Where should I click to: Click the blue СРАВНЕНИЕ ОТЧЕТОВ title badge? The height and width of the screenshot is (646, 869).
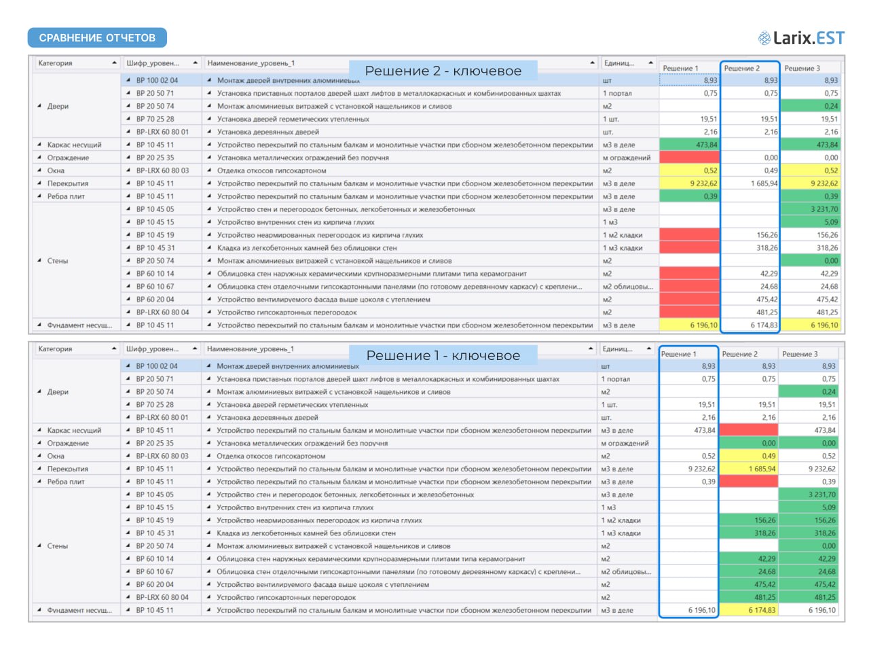coord(97,37)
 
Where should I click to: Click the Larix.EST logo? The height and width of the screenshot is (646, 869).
coord(801,38)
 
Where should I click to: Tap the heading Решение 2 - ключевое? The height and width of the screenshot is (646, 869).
coord(443,71)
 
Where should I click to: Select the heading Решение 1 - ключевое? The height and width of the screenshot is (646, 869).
coord(443,355)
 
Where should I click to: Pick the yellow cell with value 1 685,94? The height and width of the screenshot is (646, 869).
coord(748,469)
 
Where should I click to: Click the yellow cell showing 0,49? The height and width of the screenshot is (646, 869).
coord(748,456)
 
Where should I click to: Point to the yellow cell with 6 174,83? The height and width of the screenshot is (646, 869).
coord(748,610)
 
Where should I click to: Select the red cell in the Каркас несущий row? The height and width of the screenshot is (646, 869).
coord(748,430)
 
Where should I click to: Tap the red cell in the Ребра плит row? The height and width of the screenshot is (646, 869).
coord(748,482)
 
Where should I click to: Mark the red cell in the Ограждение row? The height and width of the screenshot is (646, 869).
coord(690,158)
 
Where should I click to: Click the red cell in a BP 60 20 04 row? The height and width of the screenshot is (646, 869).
coord(690,299)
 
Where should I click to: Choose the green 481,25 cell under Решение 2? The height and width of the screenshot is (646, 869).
coord(748,597)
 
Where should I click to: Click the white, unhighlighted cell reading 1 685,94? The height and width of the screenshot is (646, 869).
coord(750,183)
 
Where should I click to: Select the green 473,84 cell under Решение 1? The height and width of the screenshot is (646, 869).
coord(690,145)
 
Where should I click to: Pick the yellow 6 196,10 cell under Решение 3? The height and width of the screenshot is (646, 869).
coord(810,325)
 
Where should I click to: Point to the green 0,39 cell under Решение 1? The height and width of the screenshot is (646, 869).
coord(690,196)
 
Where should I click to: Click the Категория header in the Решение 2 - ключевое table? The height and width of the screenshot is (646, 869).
coord(55,63)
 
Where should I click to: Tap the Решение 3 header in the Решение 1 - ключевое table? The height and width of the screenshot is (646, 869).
coord(800,354)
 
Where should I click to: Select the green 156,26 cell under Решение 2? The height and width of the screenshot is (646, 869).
coord(748,520)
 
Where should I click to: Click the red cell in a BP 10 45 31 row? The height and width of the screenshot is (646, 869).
coord(690,248)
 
